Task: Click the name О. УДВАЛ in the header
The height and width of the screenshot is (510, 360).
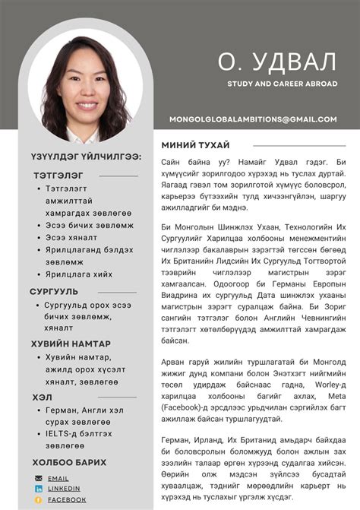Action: point(276,60)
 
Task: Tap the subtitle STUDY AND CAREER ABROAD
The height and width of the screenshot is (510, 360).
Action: point(282,84)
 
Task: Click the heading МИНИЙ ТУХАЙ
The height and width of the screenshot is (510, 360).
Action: point(196,145)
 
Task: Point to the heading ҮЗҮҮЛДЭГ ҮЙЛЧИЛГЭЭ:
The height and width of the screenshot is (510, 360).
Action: point(86,156)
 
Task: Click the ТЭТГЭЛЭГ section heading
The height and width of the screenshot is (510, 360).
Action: point(58,175)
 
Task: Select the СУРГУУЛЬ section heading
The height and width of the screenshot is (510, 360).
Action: point(54,291)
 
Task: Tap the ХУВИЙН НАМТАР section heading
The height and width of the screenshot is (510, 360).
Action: point(71,344)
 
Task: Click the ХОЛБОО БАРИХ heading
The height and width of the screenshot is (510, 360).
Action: point(69,462)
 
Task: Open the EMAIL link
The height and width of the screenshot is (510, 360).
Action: point(58,479)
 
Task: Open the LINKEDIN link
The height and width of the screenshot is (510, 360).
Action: point(64,489)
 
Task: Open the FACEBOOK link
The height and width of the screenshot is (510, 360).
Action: point(67,499)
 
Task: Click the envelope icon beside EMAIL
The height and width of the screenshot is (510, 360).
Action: point(38,479)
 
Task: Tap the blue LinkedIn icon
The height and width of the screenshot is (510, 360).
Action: point(38,489)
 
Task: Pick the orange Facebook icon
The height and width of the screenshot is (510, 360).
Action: point(38,499)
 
